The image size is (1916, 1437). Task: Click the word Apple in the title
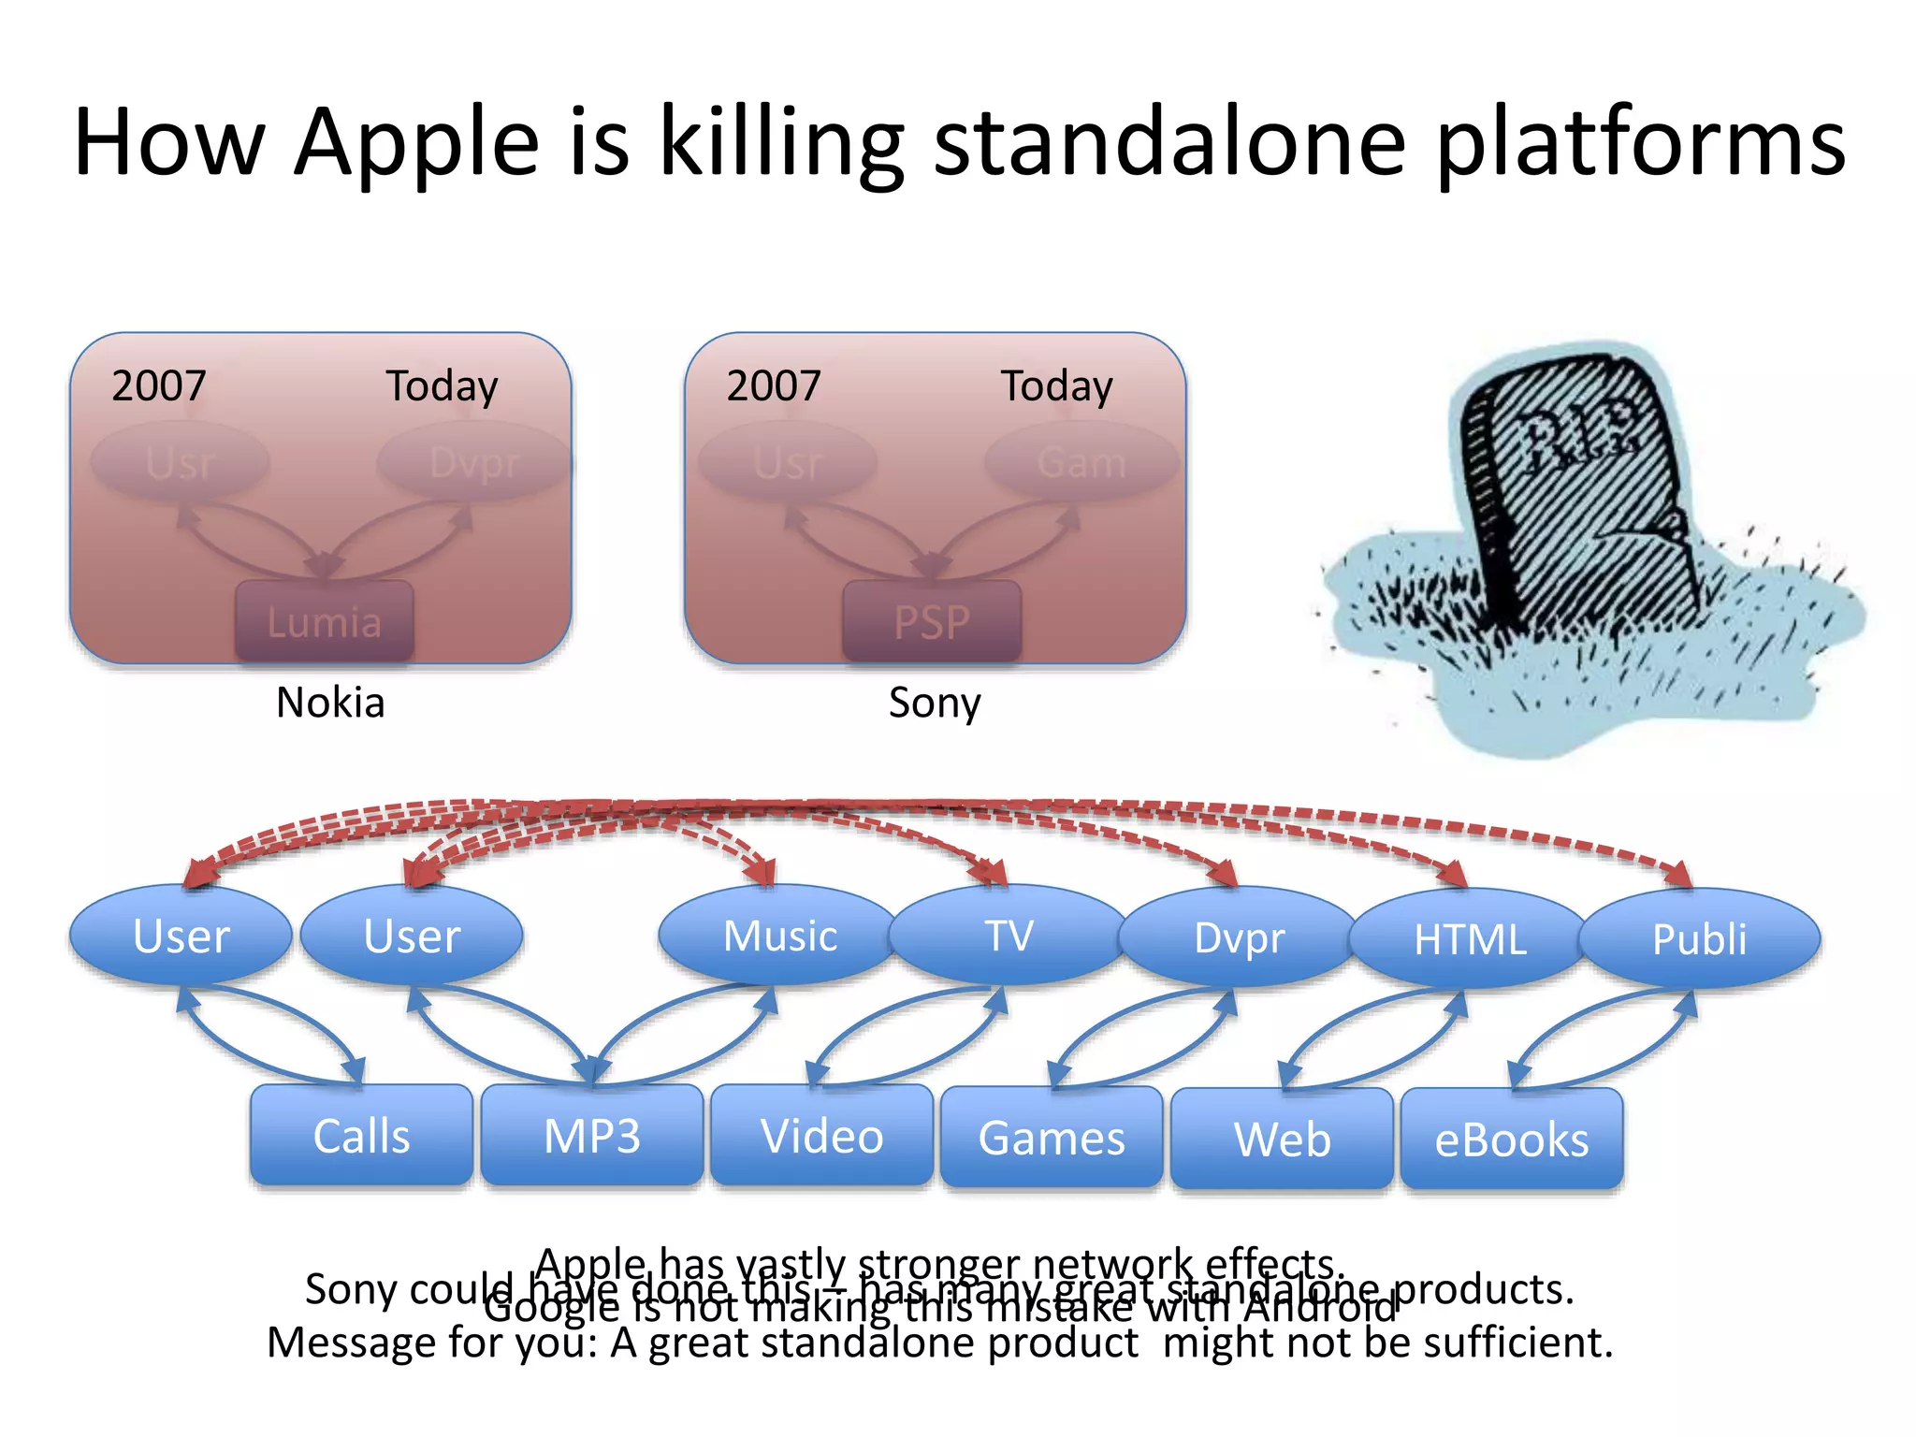coord(416,142)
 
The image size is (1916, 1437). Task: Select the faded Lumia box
coord(324,621)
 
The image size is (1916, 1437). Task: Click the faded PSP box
coord(932,621)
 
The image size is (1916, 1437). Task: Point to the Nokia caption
coord(330,702)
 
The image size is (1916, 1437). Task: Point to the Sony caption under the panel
coord(934,702)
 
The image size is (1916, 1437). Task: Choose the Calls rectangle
coord(361,1136)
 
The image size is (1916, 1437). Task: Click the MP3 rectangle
coord(591,1136)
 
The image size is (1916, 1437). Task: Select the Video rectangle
coord(821,1136)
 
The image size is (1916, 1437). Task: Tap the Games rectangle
coord(1052,1138)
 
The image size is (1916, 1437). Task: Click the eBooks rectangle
coord(1512,1139)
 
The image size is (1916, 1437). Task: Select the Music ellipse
coord(779,936)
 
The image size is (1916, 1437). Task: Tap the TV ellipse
coord(1009,936)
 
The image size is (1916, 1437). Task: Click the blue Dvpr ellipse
coord(1239,937)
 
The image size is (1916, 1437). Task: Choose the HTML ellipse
coord(1469,939)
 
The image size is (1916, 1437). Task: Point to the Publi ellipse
coord(1699,939)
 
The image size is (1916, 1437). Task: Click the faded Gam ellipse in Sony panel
coord(1081,462)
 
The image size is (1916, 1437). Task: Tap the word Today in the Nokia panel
coord(442,385)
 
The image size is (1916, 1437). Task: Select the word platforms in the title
coord(1640,142)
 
